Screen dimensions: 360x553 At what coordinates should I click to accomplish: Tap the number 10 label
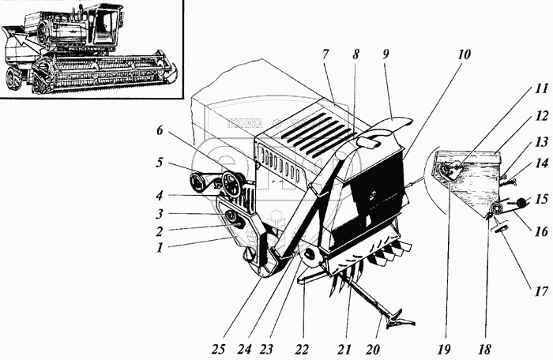click(464, 56)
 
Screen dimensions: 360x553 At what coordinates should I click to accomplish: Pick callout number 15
click(541, 199)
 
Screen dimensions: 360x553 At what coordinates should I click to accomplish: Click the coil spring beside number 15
click(517, 203)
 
